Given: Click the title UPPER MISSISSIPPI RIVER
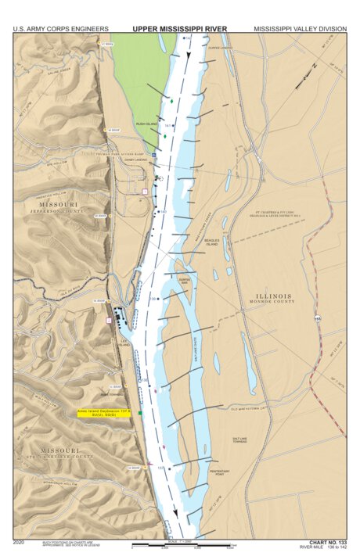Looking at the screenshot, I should tap(179, 28).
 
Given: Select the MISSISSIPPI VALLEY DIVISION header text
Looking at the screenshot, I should tap(300, 28).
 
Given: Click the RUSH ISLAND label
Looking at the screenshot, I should tap(147, 124).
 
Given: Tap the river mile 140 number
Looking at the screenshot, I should tap(163, 211).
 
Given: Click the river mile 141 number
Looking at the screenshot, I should tap(167, 124).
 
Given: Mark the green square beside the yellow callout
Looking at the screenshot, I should tap(140, 412).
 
